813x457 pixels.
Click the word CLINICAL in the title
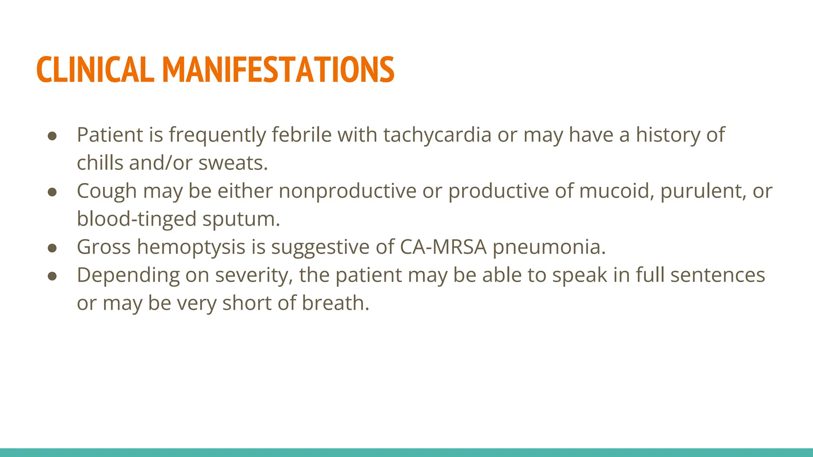[95, 70]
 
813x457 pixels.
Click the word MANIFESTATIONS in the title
[278, 70]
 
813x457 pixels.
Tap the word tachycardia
[437, 135]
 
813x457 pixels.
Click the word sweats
[233, 163]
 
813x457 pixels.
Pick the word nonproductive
[347, 191]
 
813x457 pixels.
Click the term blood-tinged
[137, 219]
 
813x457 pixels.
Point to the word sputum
[241, 219]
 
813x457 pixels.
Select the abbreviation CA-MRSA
[443, 247]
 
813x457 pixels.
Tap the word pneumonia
[549, 247]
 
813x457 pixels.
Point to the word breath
[335, 303]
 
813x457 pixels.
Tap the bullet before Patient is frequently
[52, 136]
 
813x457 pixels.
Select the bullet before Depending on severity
[52, 276]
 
